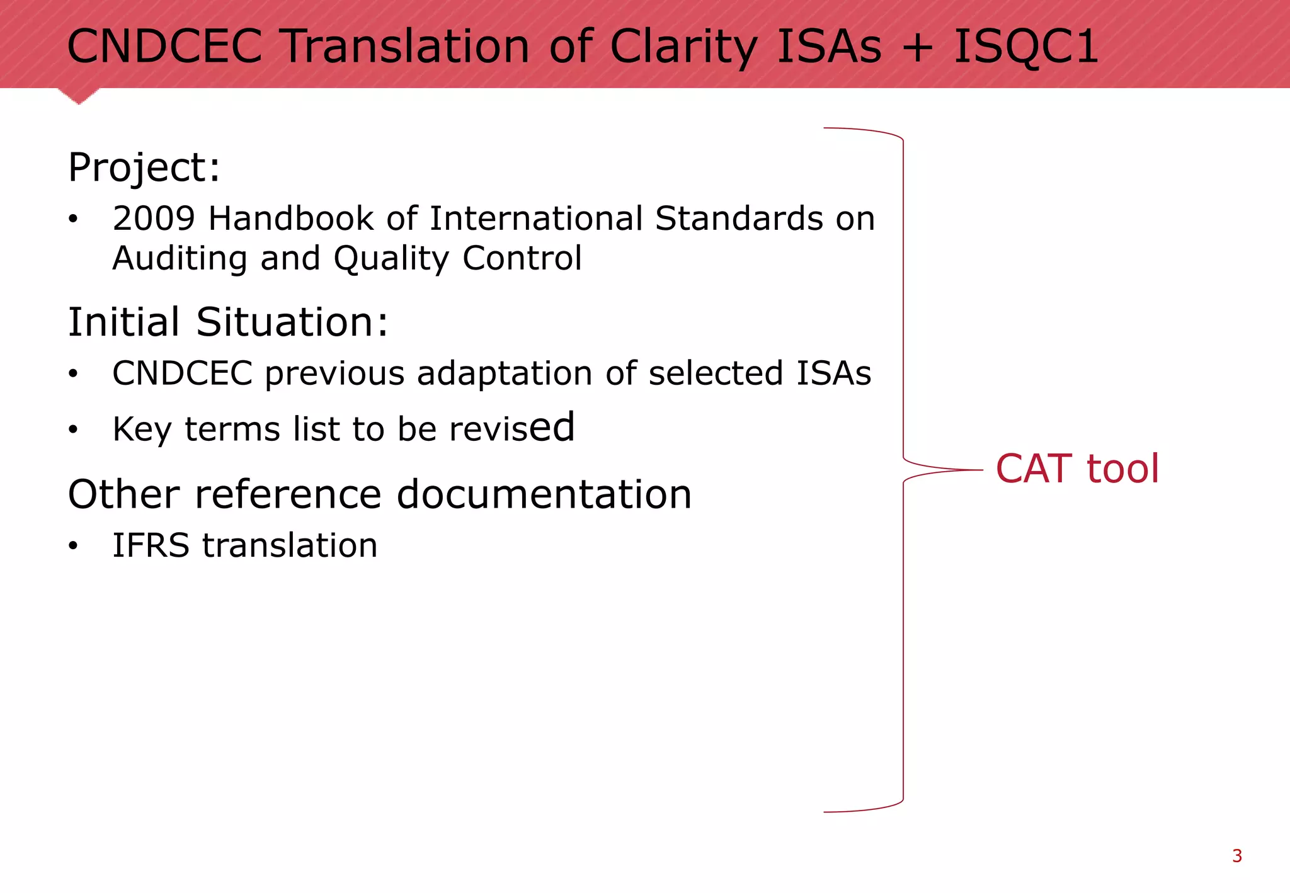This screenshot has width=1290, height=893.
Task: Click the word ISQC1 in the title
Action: point(1026,47)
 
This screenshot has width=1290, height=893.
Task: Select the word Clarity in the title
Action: point(684,48)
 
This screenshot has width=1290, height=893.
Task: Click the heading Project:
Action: point(144,168)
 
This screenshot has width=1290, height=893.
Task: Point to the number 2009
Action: point(154,219)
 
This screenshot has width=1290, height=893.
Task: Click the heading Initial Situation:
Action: point(227,322)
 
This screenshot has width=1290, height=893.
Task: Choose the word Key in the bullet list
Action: point(142,429)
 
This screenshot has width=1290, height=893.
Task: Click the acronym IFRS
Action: point(151,545)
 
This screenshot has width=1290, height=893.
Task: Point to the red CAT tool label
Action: point(1077,469)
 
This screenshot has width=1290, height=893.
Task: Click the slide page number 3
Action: point(1237,856)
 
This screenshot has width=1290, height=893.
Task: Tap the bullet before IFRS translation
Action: point(74,546)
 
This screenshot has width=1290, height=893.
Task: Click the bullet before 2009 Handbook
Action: point(74,219)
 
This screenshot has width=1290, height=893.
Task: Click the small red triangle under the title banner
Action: point(79,96)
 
